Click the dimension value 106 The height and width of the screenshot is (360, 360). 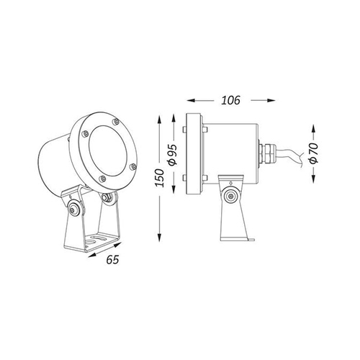[x=230, y=100]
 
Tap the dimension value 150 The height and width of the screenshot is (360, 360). [x=159, y=178]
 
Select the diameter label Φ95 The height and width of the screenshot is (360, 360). [x=172, y=155]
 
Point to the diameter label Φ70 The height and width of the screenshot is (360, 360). [x=313, y=153]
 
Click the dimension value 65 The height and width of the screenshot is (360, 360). [x=112, y=259]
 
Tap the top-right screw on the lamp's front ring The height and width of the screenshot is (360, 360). [x=116, y=122]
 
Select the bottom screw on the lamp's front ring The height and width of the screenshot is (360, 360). [x=102, y=179]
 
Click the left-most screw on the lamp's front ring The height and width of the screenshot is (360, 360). [x=85, y=134]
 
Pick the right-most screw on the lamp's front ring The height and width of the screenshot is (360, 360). [x=132, y=166]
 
